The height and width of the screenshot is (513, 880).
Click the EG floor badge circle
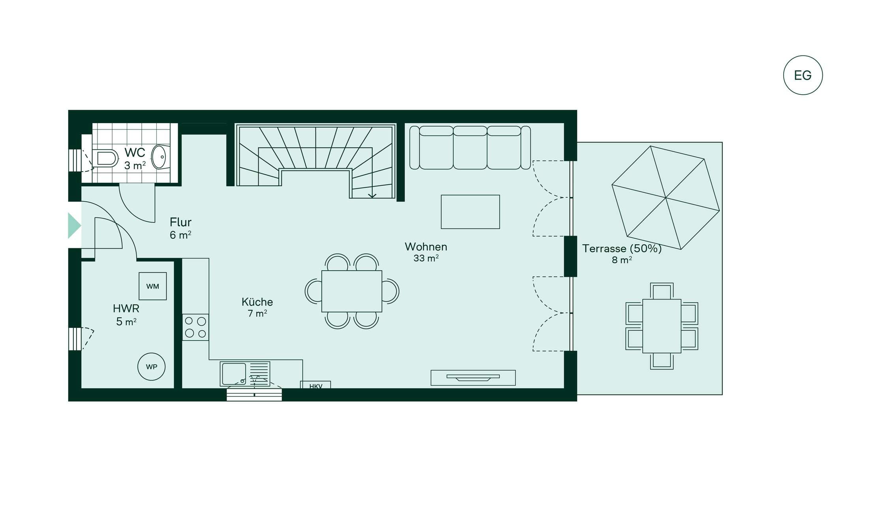(803, 75)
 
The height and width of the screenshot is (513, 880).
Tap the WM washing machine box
(152, 286)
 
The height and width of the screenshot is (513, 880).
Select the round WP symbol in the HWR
(151, 367)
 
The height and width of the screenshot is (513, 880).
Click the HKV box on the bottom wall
(315, 385)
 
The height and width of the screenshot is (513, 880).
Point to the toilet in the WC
(105, 158)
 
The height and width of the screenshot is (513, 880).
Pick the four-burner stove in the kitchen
(195, 327)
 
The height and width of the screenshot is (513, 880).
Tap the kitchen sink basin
(234, 373)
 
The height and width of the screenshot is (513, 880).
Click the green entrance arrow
(74, 226)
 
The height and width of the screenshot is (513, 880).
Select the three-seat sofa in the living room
(470, 148)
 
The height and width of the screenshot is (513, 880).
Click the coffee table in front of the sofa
(470, 212)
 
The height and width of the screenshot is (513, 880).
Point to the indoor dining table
(351, 291)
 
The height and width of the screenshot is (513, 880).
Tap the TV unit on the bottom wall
(473, 378)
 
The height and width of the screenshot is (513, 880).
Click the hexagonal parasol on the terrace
(666, 197)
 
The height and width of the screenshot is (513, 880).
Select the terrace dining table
(662, 326)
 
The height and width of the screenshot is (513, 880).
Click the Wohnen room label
(426, 247)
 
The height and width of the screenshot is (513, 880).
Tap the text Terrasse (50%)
(622, 249)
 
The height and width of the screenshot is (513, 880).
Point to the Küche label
(257, 302)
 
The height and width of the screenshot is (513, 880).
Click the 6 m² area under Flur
(180, 235)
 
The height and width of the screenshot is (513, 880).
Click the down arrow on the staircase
(372, 195)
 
